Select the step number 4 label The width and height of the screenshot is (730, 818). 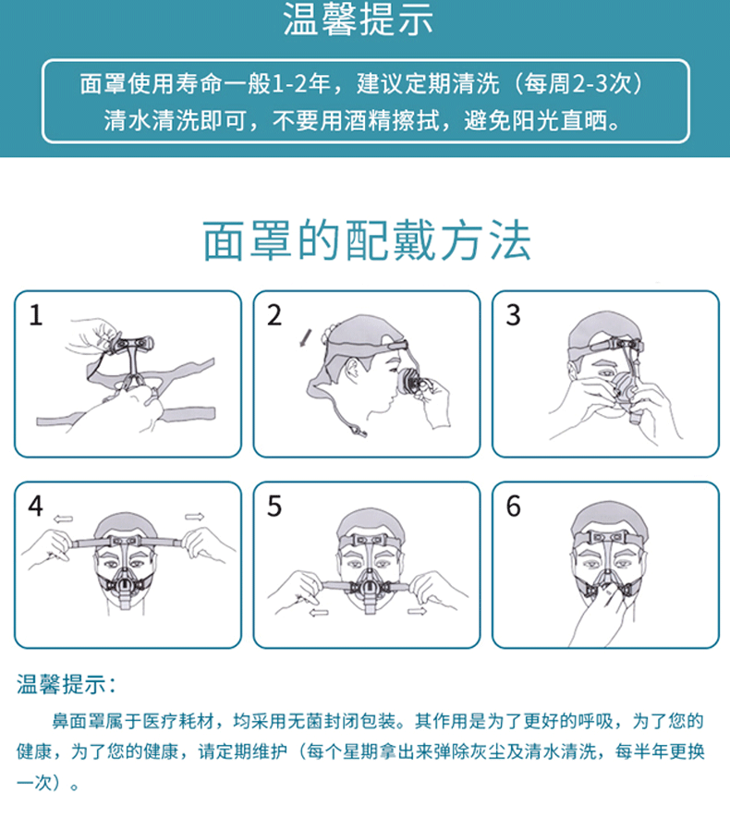coord(35,507)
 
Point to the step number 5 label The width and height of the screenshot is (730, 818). coord(274,507)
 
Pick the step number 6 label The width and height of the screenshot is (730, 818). coord(514,507)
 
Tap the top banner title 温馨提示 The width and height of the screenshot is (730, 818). coord(358,21)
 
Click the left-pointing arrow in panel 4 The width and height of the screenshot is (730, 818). coord(64,518)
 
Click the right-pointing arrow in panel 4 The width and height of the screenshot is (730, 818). coord(195,516)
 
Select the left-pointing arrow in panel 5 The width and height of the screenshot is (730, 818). coord(318,612)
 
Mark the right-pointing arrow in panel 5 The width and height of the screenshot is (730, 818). coord(417,611)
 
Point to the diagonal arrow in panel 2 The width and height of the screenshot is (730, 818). coord(306,337)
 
